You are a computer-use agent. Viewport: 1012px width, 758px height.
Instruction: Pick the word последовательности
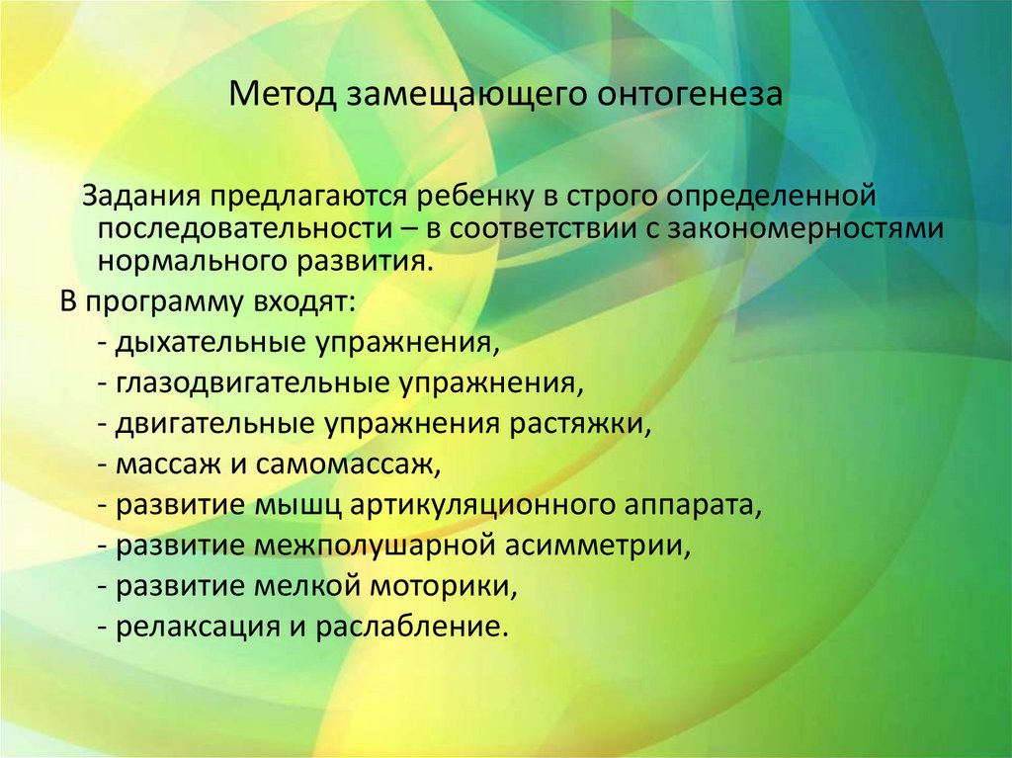click(232, 229)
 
